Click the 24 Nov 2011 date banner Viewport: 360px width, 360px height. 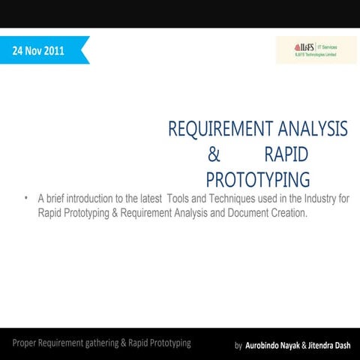pos(41,51)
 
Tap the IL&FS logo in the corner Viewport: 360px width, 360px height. pos(316,49)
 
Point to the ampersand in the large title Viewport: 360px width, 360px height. pos(214,154)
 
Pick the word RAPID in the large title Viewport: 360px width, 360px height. pos(286,154)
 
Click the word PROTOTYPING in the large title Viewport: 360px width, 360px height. pos(258,180)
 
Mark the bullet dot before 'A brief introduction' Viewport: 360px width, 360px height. pos(25,199)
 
